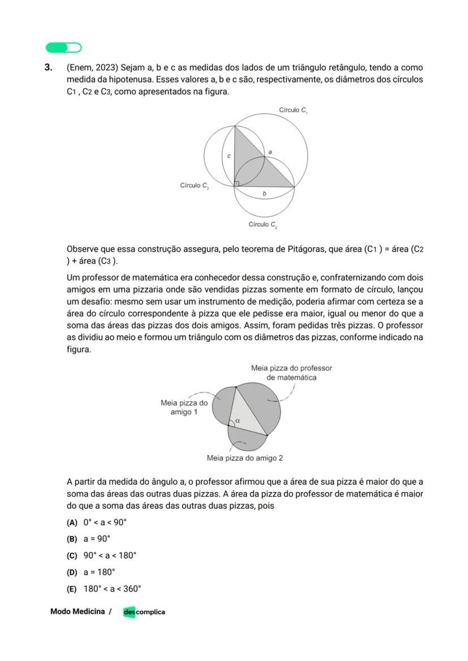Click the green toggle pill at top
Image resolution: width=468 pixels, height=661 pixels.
pyautogui.click(x=63, y=47)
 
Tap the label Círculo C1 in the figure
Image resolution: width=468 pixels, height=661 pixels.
pyautogui.click(x=293, y=110)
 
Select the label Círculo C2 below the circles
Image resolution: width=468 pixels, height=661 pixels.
pyautogui.click(x=263, y=225)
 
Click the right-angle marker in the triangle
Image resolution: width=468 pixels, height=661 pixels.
pyautogui.click(x=237, y=183)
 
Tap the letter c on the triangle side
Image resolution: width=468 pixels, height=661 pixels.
pyautogui.click(x=229, y=155)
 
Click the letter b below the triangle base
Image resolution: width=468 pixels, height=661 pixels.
pyautogui.click(x=265, y=194)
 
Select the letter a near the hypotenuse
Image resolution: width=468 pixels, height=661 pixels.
pyautogui.click(x=270, y=152)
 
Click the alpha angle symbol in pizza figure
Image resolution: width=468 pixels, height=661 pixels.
pyautogui.click(x=237, y=420)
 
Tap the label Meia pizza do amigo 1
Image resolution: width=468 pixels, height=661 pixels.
pyautogui.click(x=184, y=408)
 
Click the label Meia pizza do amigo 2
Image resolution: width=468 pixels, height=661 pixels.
pyautogui.click(x=245, y=458)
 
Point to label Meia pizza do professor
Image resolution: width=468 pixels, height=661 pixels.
pyautogui.click(x=291, y=373)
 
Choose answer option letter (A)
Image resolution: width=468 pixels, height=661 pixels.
pyautogui.click(x=72, y=522)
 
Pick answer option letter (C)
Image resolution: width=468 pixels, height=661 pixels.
pyautogui.click(x=72, y=555)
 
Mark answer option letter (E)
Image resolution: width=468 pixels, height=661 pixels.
pyautogui.click(x=72, y=589)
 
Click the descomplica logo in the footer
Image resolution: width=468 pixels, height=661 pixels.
pyautogui.click(x=144, y=612)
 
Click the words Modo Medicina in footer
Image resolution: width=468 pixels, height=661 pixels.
pyautogui.click(x=77, y=611)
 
